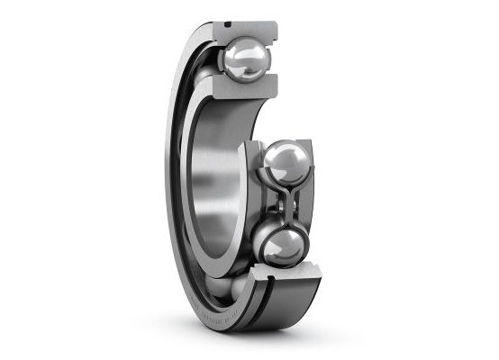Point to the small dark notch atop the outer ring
click(228, 22)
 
